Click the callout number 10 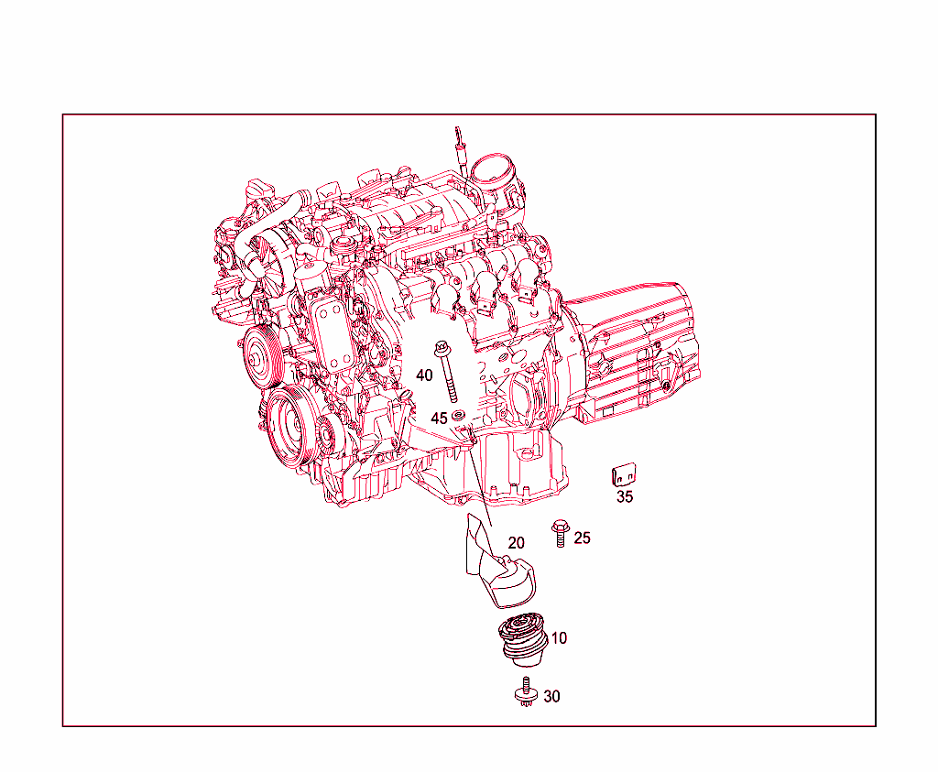559,638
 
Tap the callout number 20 517,543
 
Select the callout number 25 582,538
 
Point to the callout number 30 551,697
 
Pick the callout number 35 625,497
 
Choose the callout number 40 424,375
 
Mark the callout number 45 440,418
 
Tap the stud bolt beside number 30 527,691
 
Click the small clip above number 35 625,475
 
